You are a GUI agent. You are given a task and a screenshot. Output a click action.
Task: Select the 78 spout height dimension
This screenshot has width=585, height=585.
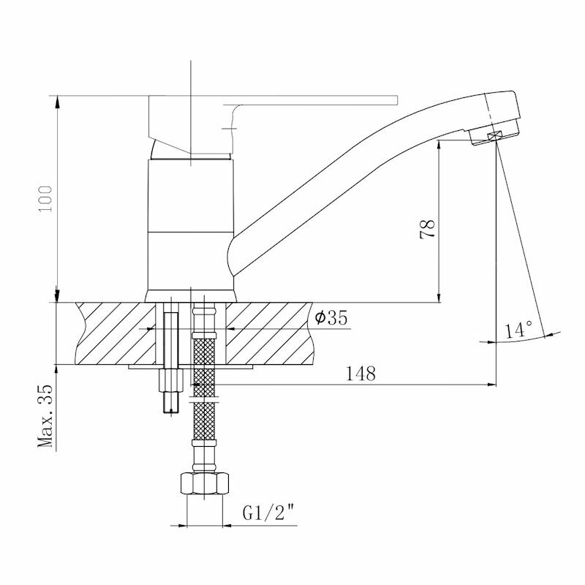pos(428,229)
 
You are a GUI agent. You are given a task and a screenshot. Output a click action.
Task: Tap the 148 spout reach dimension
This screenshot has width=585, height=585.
pos(361,374)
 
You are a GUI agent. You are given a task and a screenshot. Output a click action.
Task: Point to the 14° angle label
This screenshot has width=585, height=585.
pos(518,329)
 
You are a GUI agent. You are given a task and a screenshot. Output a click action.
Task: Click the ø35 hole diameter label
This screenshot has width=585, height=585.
pos(331,318)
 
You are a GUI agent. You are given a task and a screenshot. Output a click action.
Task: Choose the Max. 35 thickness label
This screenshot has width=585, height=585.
pos(45,415)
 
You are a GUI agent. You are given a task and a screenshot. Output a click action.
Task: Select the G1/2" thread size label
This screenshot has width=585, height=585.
pos(268,513)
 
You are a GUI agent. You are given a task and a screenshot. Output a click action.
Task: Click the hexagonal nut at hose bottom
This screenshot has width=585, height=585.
pos(204,484)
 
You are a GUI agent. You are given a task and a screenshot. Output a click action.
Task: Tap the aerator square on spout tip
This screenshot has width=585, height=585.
pos(495,136)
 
